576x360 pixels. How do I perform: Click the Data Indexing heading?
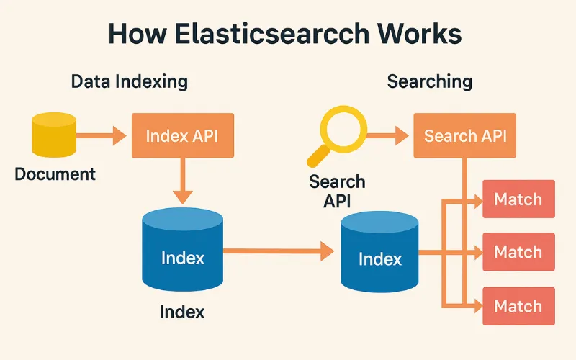pos(129,81)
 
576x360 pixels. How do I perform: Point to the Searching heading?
pos(430,81)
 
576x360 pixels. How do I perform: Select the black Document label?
pos(55,174)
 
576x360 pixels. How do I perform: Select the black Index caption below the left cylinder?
pos(182,312)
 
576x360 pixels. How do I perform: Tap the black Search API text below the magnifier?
pos(337,191)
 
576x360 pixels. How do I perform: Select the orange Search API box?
pos(464,136)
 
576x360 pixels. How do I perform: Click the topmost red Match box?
pos(518,199)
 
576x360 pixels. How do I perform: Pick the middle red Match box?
pos(518,252)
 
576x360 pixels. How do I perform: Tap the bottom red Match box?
pos(518,306)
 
